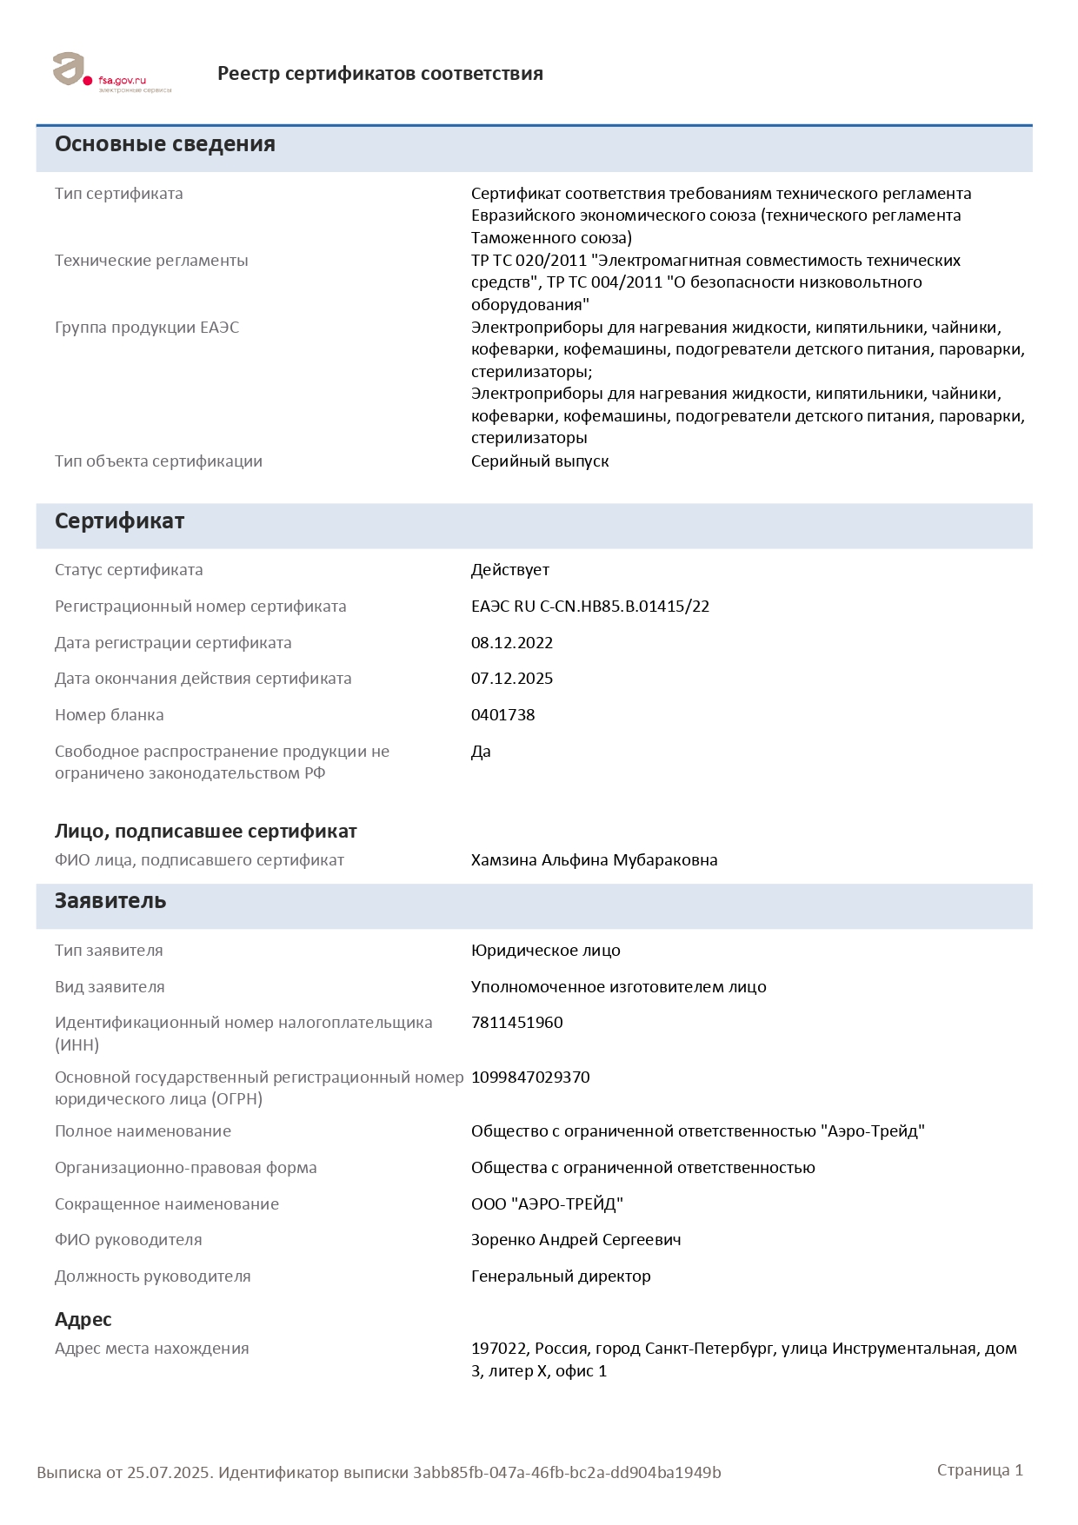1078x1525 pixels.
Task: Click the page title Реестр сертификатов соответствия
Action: (x=380, y=74)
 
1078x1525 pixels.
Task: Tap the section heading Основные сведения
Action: (x=165, y=144)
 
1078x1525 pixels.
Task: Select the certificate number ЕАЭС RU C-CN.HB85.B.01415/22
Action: (x=589, y=607)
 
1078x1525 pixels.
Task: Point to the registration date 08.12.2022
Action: (x=512, y=643)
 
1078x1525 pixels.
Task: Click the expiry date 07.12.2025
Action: (x=512, y=679)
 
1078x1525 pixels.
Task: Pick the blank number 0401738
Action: (x=502, y=715)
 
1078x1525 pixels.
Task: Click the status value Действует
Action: (x=509, y=570)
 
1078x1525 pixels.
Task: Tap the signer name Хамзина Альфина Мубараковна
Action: (x=594, y=860)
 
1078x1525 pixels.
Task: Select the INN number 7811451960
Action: (x=516, y=1023)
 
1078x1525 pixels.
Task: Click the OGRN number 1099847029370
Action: (x=530, y=1077)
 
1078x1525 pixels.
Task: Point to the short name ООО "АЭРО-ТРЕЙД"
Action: (x=547, y=1204)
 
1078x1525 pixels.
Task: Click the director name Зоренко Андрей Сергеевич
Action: (x=576, y=1240)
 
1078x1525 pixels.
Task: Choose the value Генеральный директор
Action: (x=561, y=1276)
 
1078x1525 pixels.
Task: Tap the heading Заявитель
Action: (x=110, y=901)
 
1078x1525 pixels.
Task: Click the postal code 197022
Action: (x=498, y=1349)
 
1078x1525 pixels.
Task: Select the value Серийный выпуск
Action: (x=540, y=461)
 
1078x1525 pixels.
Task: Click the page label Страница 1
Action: (x=980, y=1470)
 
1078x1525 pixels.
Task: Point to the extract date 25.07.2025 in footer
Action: (x=169, y=1473)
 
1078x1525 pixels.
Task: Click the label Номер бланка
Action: (x=110, y=715)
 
